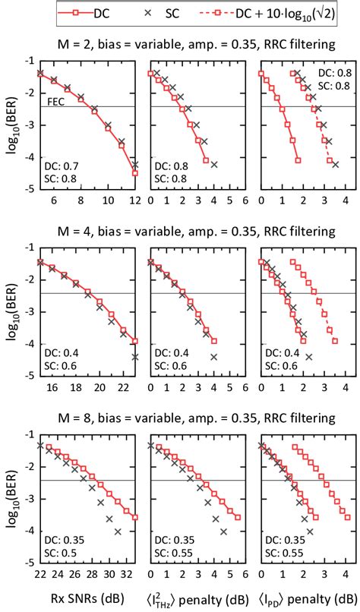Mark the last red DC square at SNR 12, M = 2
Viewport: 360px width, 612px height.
(135, 173)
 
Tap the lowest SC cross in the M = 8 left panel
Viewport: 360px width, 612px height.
(118, 532)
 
